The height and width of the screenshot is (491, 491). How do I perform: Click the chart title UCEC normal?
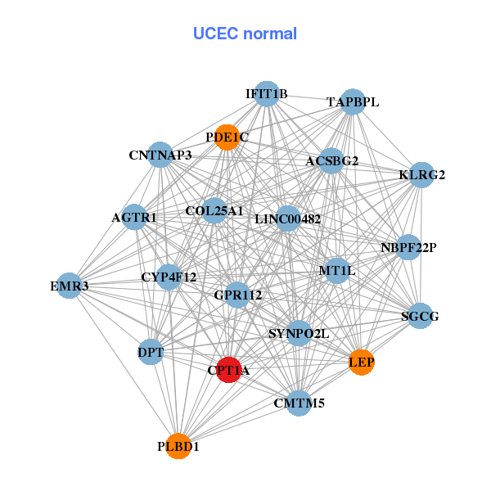coord(245,34)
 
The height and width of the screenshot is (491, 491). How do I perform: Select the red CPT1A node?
coord(228,370)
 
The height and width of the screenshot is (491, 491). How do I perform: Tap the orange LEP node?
coord(362,362)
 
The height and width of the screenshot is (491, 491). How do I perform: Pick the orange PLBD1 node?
coord(178,446)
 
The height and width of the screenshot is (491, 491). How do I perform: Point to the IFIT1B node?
coord(266,94)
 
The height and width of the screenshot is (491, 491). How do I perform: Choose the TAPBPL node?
coord(353,101)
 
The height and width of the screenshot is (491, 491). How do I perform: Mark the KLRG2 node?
coord(421,174)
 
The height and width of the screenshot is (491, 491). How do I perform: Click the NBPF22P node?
coord(408,247)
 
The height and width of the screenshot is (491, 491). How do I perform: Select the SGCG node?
coord(420,316)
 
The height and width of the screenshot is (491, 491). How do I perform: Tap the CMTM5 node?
coord(294,402)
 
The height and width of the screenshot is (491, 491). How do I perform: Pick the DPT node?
coord(151,353)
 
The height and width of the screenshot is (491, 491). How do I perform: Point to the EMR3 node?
coord(70,286)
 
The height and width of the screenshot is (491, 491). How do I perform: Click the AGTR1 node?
coord(134,218)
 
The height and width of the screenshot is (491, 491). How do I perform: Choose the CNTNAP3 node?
coord(160,155)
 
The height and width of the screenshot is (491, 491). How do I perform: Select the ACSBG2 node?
coord(331,160)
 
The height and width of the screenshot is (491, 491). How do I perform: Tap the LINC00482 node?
coord(287,218)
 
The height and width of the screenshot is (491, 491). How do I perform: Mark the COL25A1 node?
coord(214,210)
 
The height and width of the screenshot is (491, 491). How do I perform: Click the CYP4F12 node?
coord(169,277)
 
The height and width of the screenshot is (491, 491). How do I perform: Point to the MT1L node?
coord(337,270)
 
